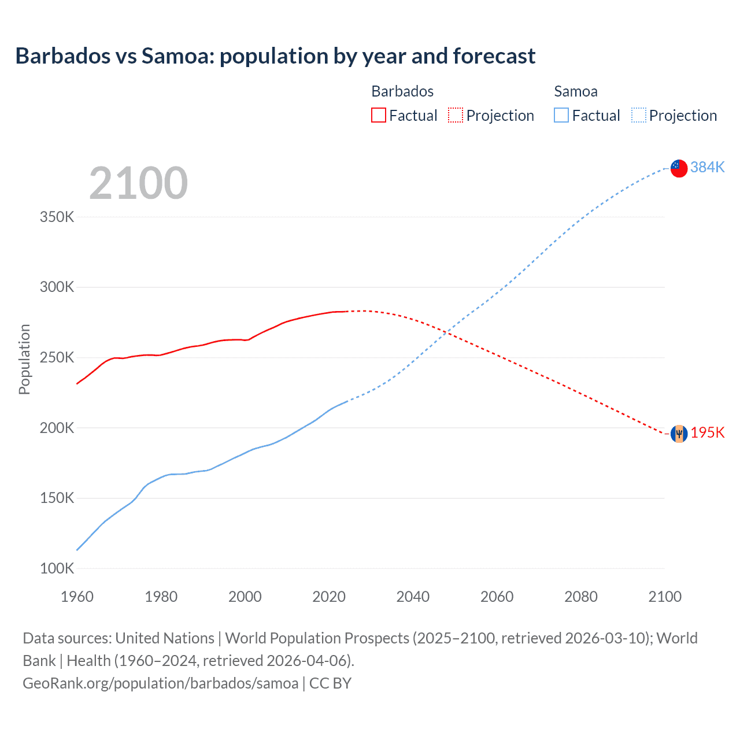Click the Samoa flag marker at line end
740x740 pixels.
[679, 168]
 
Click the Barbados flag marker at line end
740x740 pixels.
[679, 434]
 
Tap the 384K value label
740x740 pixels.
[707, 167]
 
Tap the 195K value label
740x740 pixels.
[707, 432]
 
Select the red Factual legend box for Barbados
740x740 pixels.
[378, 115]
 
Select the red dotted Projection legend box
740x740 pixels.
[456, 115]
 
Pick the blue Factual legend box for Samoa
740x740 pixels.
[561, 115]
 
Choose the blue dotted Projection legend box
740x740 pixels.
[638, 115]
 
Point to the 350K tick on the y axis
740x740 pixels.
[57, 217]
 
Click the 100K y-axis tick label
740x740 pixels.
[57, 568]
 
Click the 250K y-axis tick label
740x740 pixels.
[57, 358]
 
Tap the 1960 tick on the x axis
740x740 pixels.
[77, 597]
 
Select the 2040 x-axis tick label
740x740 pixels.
[413, 597]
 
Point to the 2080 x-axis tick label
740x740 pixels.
[580, 597]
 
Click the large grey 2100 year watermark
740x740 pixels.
[138, 183]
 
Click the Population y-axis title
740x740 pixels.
[24, 359]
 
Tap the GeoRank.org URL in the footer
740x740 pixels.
[160, 683]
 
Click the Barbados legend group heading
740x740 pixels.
[402, 91]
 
